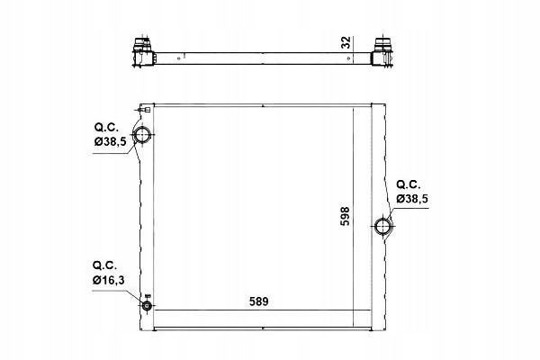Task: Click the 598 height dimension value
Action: point(345,216)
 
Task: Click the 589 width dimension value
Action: point(258,301)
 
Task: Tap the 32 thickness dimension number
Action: point(346,42)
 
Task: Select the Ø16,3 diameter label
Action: point(109,281)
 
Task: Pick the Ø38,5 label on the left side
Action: point(110,141)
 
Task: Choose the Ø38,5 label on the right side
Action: point(412,198)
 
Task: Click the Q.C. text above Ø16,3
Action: point(104,265)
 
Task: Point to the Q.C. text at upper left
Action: point(106,127)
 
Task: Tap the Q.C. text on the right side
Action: point(409,184)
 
